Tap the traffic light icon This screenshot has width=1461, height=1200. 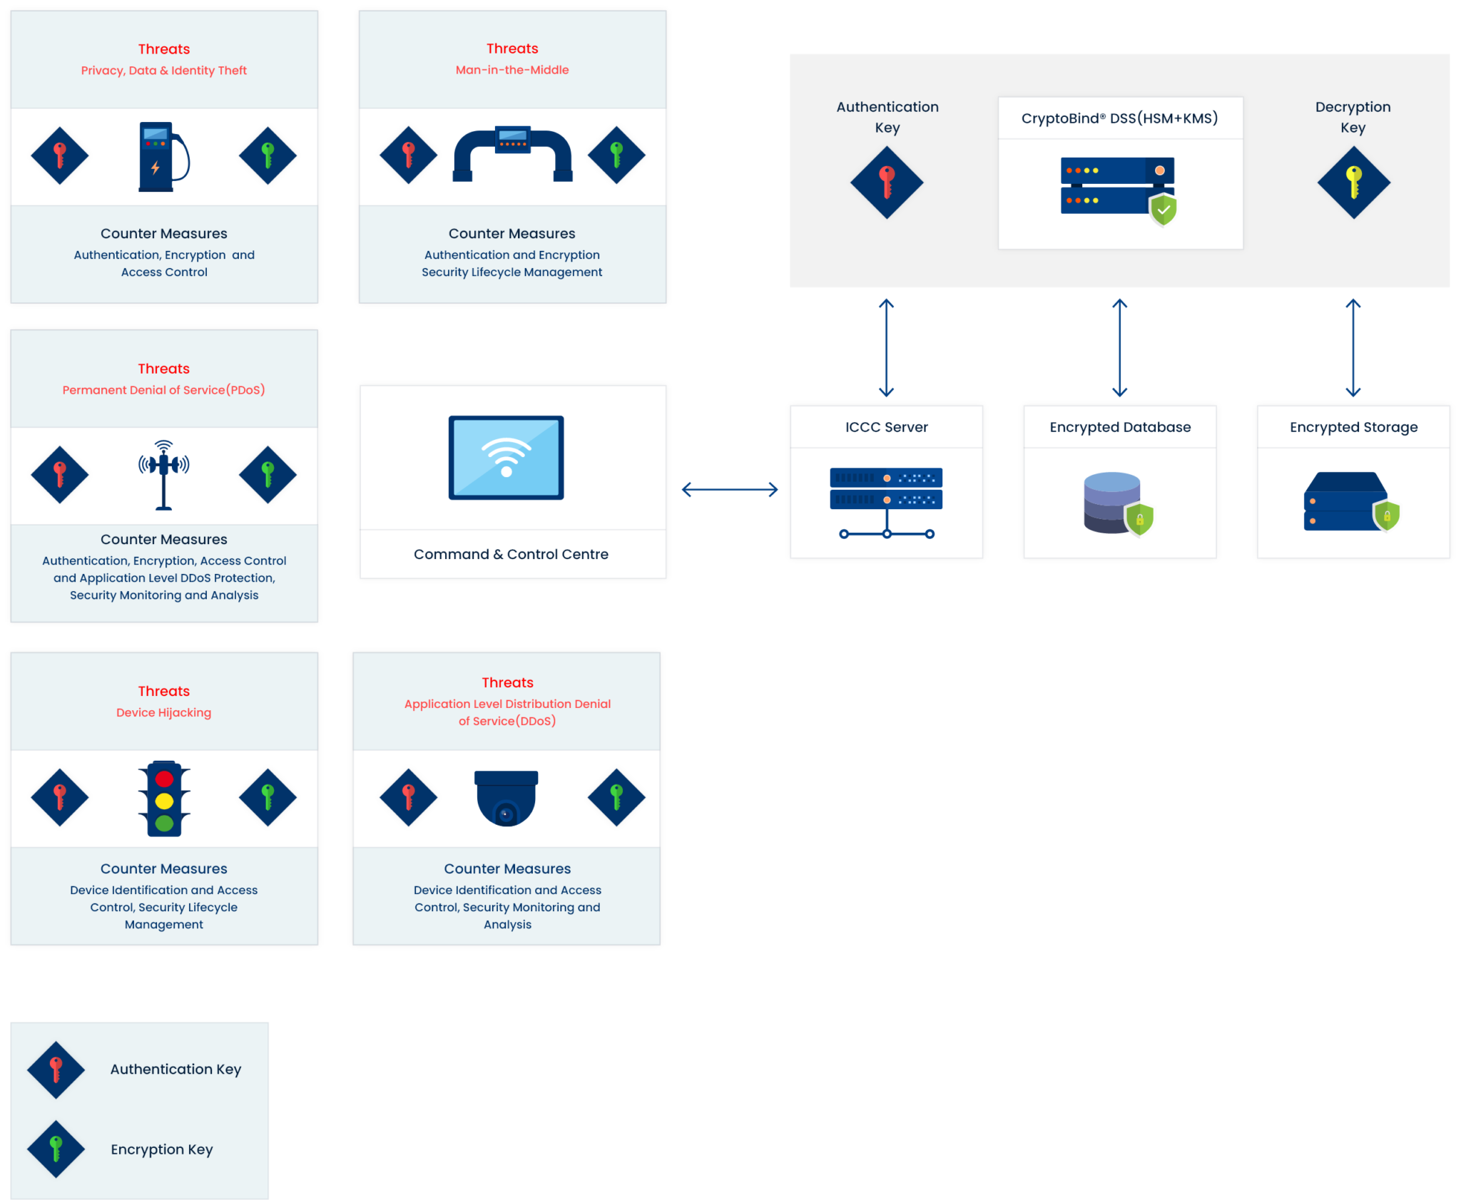(x=164, y=799)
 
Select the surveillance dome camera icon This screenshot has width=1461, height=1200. (x=506, y=799)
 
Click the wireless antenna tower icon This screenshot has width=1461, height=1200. (x=164, y=475)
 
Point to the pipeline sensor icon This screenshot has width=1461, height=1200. (x=512, y=155)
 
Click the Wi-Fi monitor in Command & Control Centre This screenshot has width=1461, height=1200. (x=506, y=458)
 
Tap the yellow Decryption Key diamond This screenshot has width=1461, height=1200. (x=1353, y=183)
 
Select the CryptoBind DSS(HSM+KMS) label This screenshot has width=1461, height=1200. (x=1119, y=118)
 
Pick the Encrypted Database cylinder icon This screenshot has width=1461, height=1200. (x=1113, y=503)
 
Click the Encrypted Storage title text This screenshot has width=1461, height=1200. (x=1353, y=427)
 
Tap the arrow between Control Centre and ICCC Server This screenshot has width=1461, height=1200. (x=729, y=489)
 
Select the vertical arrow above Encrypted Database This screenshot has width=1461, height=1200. (x=1119, y=347)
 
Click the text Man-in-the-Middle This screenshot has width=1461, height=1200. (x=512, y=70)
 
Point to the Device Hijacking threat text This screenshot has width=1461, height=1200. (x=163, y=712)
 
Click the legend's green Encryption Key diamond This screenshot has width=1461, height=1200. (x=56, y=1149)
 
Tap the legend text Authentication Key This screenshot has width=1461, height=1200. (x=175, y=1069)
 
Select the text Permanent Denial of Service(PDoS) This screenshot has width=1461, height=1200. (x=163, y=390)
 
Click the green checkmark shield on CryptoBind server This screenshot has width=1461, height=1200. (x=1163, y=210)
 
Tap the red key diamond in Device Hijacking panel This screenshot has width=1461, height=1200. (x=60, y=797)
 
